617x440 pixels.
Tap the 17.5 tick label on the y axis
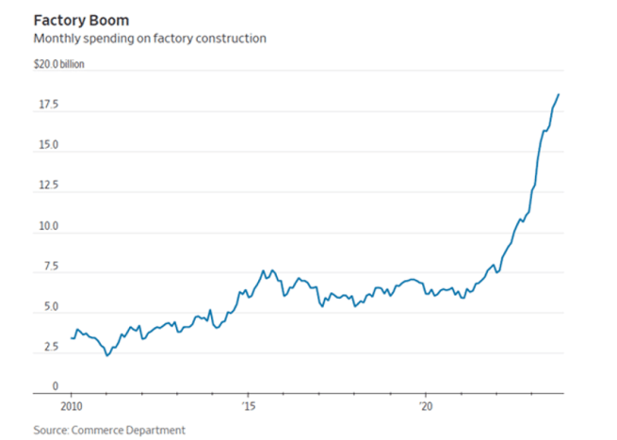47,105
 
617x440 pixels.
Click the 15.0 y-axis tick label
47,145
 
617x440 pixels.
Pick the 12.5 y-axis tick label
47,186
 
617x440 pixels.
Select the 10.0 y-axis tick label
47,226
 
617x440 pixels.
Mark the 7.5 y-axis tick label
50,267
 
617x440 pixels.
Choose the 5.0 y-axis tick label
50,307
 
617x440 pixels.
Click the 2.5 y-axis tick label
50,348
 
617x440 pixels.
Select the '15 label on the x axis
247,406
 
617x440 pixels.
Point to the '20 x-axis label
425,406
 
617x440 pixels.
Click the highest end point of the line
559,94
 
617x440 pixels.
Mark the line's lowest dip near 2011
107,355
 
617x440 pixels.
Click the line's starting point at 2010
72,337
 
